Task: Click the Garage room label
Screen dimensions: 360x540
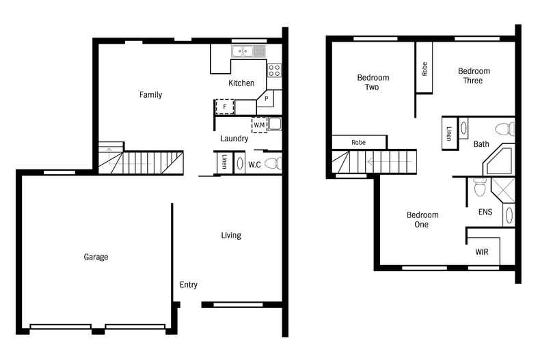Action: pos(96,257)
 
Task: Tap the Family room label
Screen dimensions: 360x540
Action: pos(150,95)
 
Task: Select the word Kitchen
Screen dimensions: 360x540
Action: pos(241,83)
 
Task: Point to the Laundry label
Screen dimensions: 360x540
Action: pos(234,139)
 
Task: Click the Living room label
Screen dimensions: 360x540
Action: pos(231,236)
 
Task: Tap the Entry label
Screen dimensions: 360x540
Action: pos(189,285)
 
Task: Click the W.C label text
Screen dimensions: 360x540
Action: pos(254,165)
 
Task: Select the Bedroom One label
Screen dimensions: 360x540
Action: pos(422,219)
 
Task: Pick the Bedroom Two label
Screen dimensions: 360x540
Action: pos(373,83)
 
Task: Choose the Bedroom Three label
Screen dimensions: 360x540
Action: pos(474,76)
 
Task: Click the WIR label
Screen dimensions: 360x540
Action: pos(483,252)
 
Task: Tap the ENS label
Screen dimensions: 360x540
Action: pos(485,212)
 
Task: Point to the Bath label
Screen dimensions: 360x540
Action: pos(481,144)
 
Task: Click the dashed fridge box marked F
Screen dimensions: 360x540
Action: pos(225,107)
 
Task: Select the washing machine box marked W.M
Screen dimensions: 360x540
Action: pos(259,124)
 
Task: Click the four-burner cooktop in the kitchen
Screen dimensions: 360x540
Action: pos(274,70)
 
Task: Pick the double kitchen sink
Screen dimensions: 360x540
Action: pos(248,51)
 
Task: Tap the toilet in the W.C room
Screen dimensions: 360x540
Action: pos(273,163)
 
